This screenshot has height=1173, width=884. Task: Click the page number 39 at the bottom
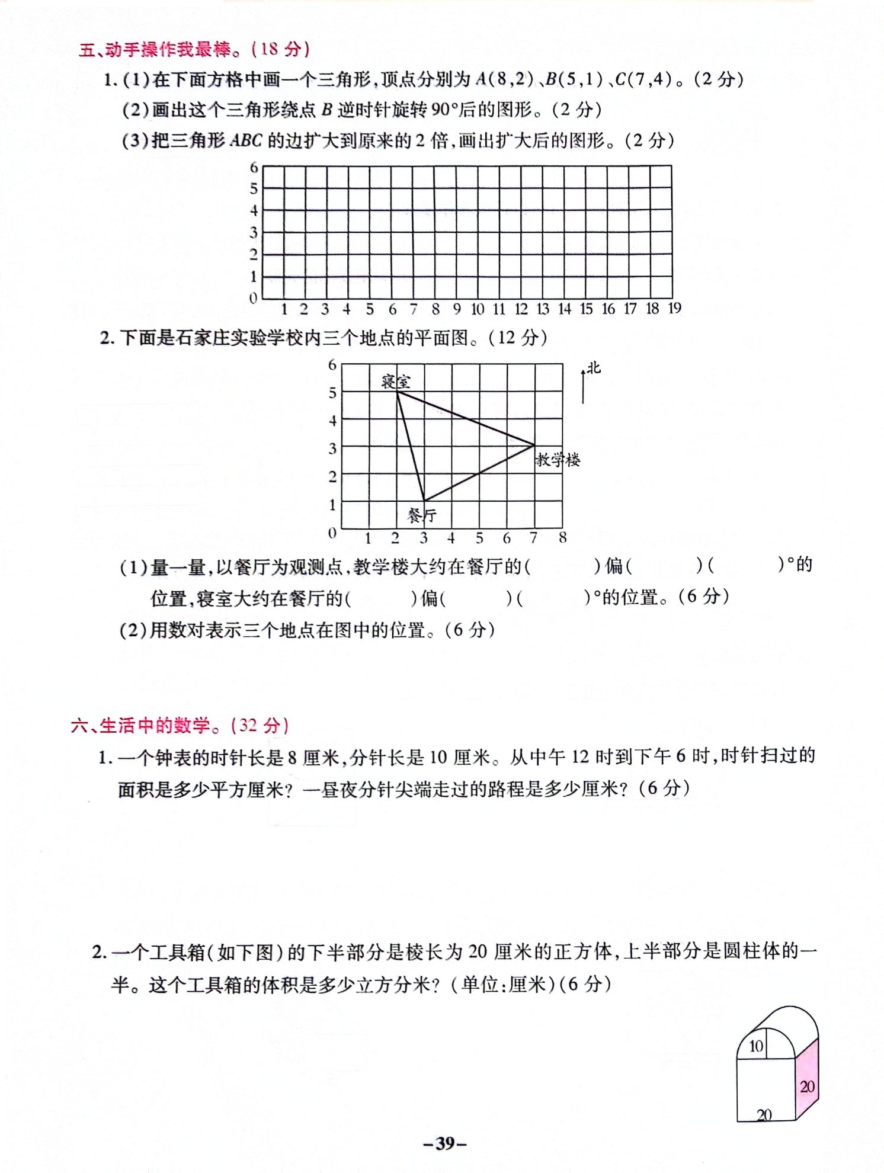coord(445,1143)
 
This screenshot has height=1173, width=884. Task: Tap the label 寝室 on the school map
coord(395,380)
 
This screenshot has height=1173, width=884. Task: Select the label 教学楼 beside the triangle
coord(558,460)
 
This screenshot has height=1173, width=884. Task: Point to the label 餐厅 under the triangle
coord(421,515)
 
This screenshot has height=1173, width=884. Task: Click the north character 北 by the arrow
coord(594,368)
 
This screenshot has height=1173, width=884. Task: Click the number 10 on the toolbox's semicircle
coord(755,1046)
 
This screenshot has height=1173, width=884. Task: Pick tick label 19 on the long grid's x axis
coord(674,308)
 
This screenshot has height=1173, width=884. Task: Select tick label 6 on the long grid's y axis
coord(254,168)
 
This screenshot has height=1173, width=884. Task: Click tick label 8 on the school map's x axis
coord(562,537)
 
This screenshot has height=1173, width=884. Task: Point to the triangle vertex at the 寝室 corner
coord(397,392)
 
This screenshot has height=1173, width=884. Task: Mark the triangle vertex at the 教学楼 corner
coord(534,445)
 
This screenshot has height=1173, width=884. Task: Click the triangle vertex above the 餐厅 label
coord(424,501)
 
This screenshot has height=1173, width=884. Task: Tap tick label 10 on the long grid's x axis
coord(478,309)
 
